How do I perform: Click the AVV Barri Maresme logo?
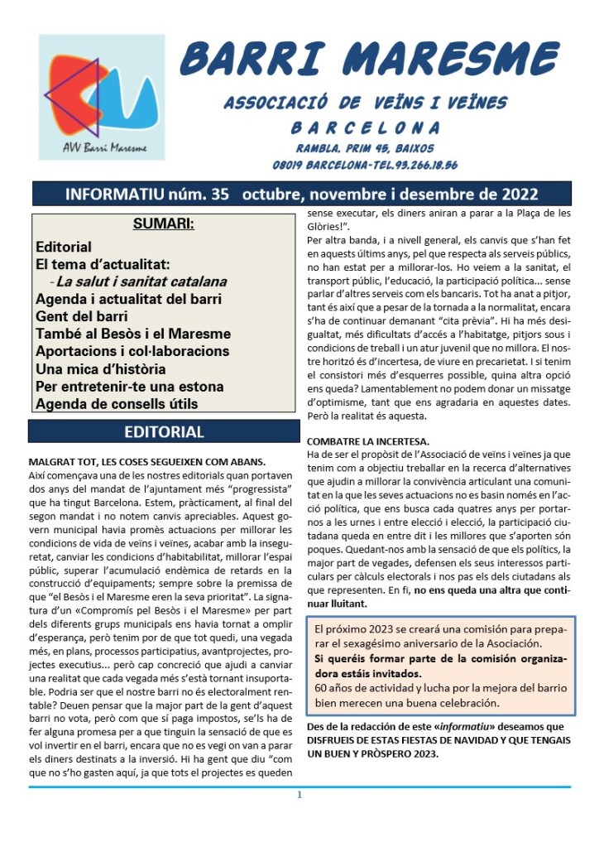pos(102,98)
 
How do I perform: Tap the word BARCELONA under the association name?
pos(366,128)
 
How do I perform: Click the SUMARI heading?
pos(163,224)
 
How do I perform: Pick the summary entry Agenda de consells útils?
pos(117,404)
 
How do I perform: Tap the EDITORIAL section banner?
pos(163,431)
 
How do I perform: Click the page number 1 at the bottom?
pos(299,796)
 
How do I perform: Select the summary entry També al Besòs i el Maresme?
pos(132,334)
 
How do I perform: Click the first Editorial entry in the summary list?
pos(64,247)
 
